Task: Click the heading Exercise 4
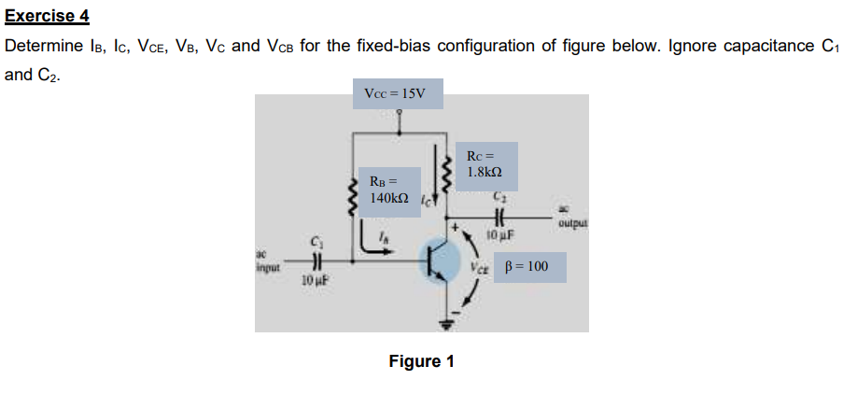(x=48, y=15)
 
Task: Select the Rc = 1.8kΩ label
(x=489, y=164)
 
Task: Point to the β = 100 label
(x=527, y=268)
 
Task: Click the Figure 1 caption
(x=421, y=360)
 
